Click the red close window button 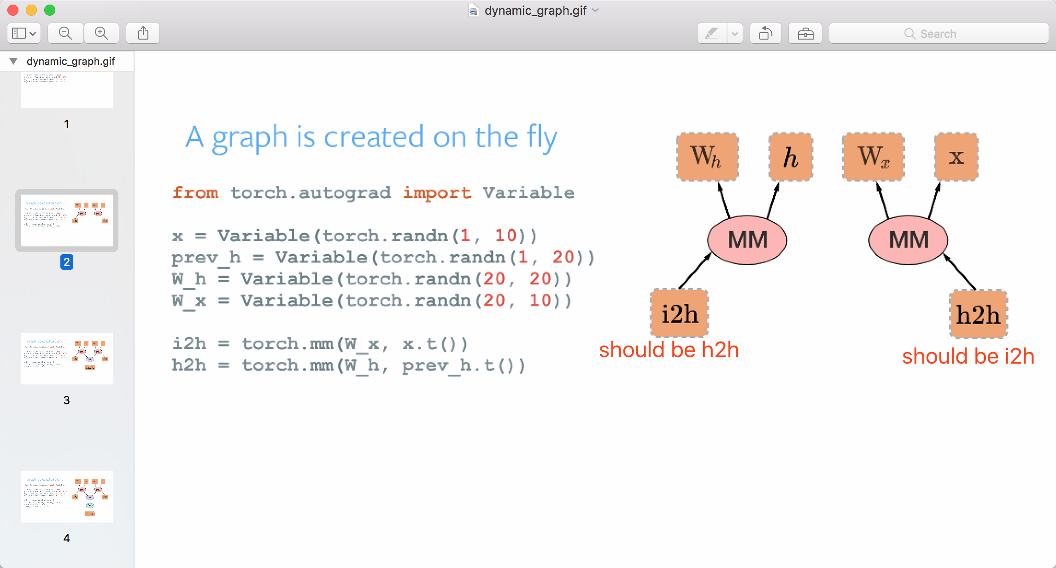[x=13, y=10]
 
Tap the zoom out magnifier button [x=65, y=33]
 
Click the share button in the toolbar [x=143, y=33]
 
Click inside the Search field [x=938, y=34]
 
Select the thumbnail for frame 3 [x=67, y=358]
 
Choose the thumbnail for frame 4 [x=67, y=496]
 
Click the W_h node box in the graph [x=707, y=156]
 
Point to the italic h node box [x=791, y=157]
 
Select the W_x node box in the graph [x=873, y=156]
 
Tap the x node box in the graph [x=956, y=157]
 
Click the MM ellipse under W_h [x=747, y=240]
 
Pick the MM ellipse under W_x [x=908, y=240]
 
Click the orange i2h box [x=679, y=313]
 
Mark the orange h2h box [x=979, y=314]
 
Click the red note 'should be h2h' [x=669, y=350]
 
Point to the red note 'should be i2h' [x=968, y=356]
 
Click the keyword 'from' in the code [x=195, y=192]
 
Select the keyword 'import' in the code [x=437, y=192]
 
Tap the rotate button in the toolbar [x=766, y=34]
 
